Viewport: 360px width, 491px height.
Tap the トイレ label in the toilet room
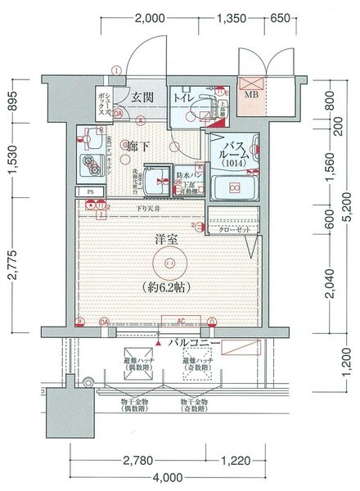(184, 97)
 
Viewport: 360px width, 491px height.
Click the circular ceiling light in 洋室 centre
(169, 263)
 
